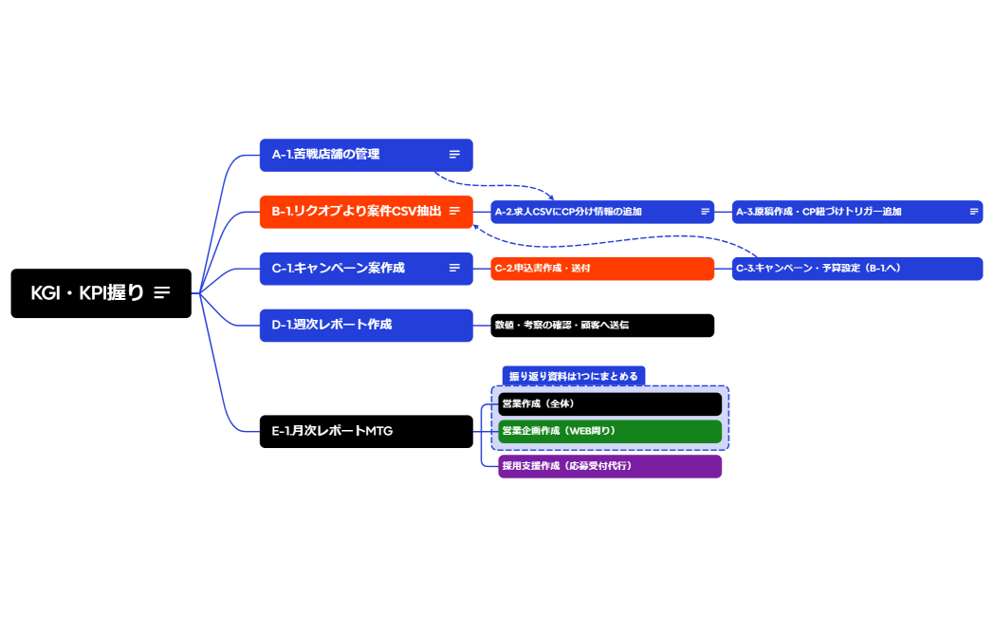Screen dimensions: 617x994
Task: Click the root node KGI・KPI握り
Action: coord(87,293)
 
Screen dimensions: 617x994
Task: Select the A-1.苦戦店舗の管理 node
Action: coord(351,155)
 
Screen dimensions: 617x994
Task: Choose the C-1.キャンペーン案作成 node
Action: coord(351,269)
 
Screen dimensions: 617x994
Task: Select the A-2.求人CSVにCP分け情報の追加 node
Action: coord(588,212)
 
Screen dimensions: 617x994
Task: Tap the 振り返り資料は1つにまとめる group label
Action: coord(573,376)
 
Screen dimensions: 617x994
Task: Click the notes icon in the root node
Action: coord(162,293)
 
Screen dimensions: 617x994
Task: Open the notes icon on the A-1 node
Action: coord(455,155)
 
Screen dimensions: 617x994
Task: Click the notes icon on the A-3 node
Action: coord(973,212)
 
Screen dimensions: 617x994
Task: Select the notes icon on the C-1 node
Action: coord(455,269)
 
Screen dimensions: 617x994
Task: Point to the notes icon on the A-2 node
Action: coord(705,212)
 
